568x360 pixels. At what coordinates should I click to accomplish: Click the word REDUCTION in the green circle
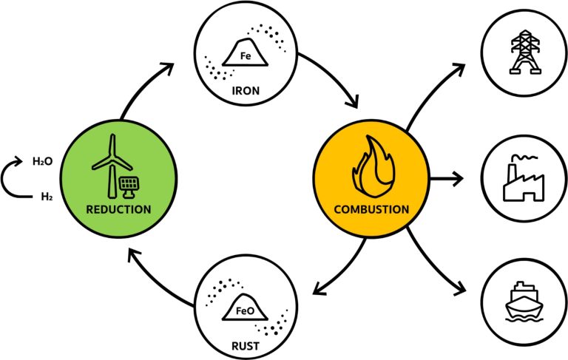click(x=118, y=209)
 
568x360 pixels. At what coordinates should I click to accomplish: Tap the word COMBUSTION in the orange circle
click(x=371, y=209)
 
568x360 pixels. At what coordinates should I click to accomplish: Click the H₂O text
click(x=42, y=159)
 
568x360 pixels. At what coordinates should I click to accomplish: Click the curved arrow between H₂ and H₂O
click(x=13, y=177)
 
